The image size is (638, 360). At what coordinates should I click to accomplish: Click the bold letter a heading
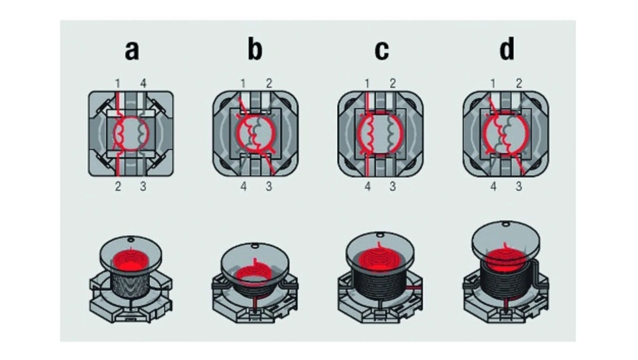[132, 50]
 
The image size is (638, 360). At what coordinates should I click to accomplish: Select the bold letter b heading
[255, 50]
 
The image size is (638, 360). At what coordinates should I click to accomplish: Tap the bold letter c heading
[381, 50]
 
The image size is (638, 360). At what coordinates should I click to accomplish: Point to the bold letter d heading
[506, 50]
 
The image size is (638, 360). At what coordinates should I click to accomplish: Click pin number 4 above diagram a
[143, 83]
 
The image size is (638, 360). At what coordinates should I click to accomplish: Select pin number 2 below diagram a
[118, 187]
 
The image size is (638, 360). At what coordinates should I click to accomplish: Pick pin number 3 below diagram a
[143, 187]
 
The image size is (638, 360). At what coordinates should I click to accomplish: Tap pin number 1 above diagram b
[243, 83]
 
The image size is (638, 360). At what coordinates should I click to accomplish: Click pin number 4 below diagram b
[243, 187]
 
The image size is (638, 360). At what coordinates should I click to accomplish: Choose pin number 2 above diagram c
[393, 83]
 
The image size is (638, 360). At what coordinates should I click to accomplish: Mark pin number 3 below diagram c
[393, 187]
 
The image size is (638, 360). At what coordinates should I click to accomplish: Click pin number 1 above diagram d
[493, 83]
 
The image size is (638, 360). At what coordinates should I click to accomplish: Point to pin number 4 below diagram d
[493, 187]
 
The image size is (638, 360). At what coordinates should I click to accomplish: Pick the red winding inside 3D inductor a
[131, 259]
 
